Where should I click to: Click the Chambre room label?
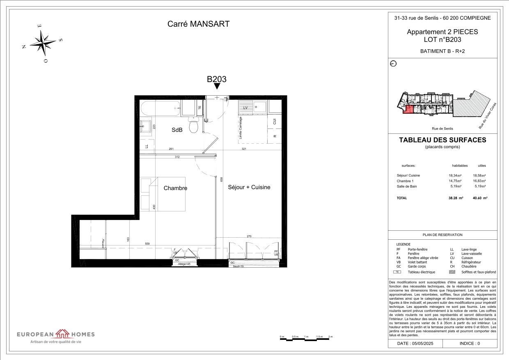175,188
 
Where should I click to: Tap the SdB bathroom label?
177,130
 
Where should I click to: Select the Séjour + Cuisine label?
249,187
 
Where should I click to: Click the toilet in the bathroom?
194,126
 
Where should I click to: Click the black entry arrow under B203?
217,86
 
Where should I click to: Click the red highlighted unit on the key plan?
408,109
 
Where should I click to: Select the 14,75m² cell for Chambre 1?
455,181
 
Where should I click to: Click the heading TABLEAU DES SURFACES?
442,140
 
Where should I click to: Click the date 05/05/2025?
415,343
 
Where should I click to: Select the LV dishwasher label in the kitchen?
246,108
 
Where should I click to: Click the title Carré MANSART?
198,24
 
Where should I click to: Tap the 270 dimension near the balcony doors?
249,236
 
